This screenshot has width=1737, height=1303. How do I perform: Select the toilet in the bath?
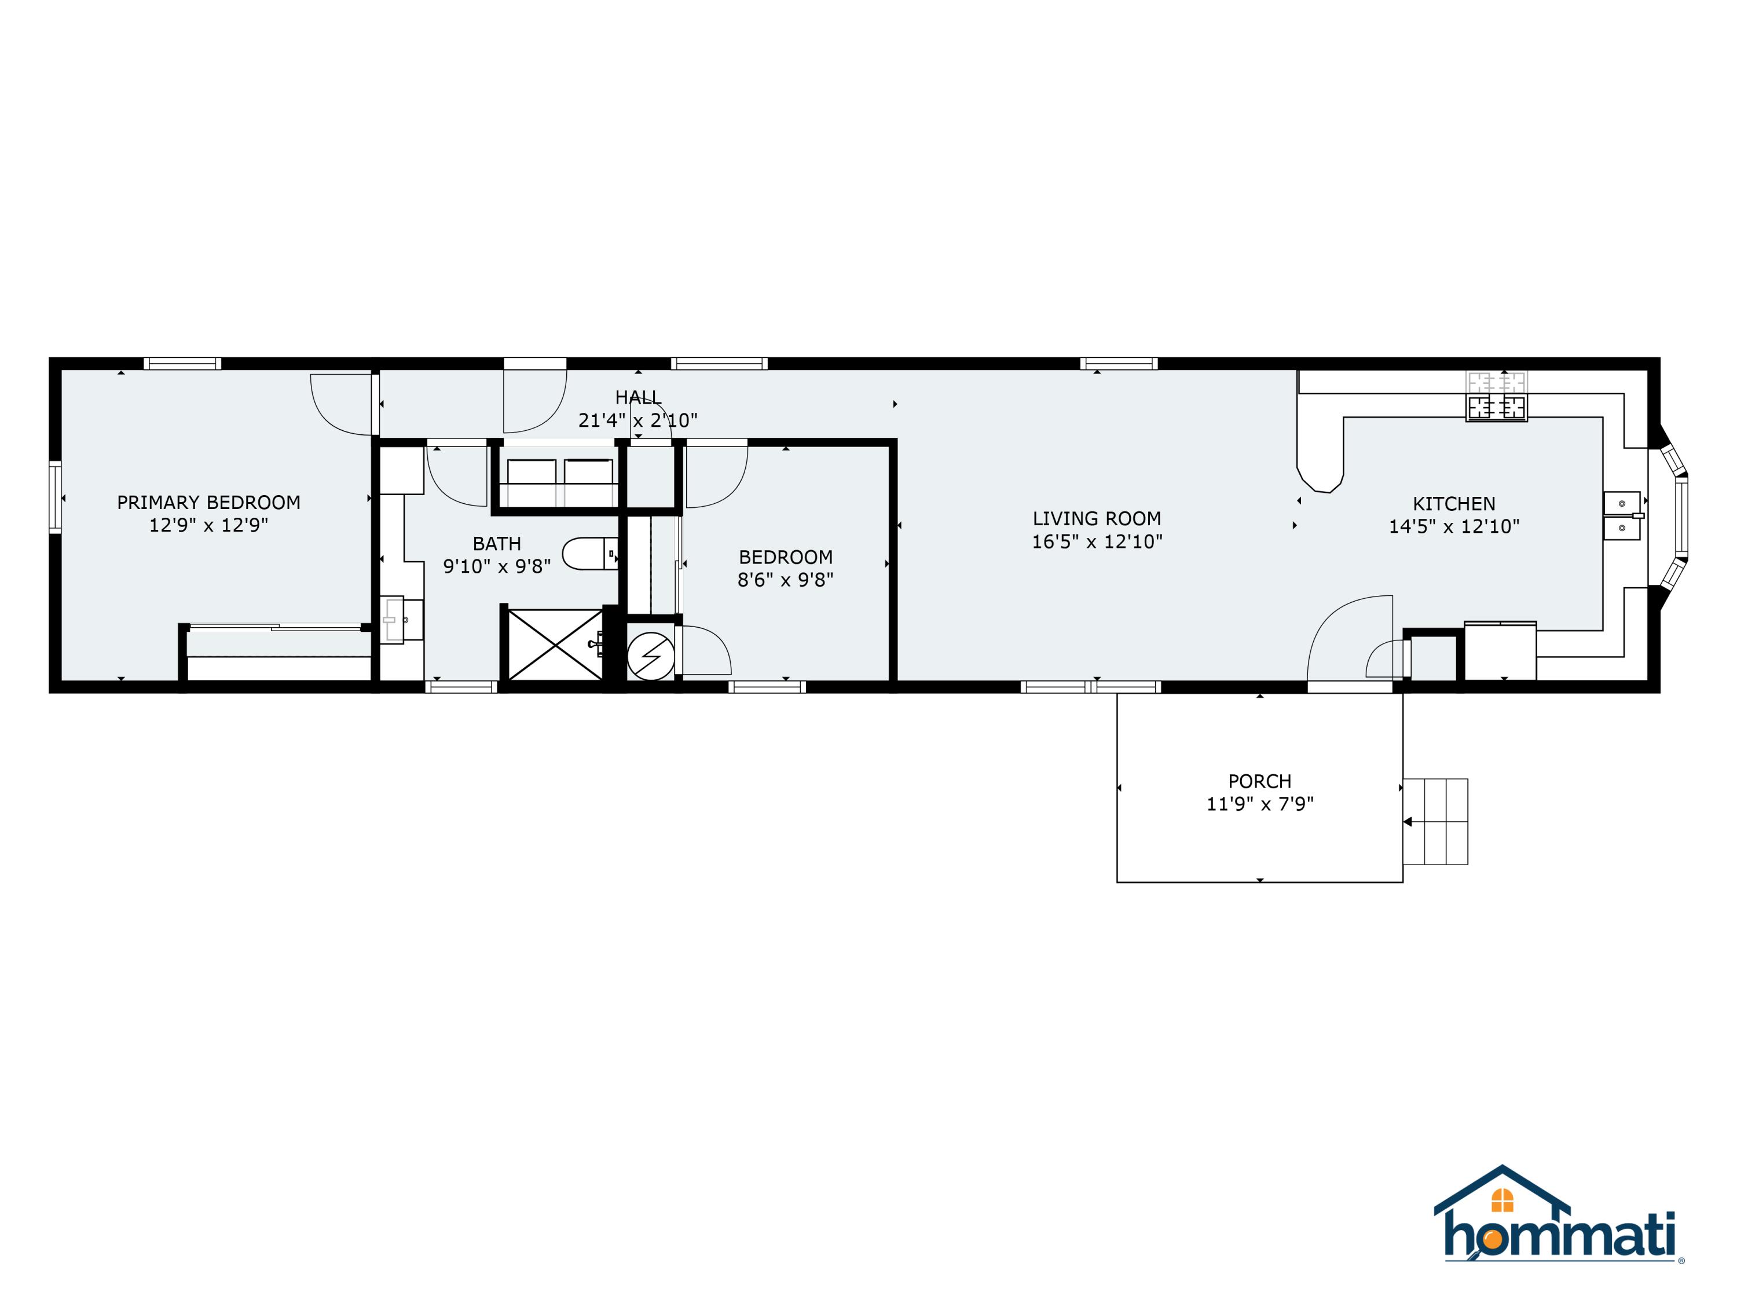click(589, 554)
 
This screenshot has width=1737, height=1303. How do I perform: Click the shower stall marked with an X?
click(555, 644)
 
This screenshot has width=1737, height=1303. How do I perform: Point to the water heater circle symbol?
click(650, 656)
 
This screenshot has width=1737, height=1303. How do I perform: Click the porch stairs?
click(1435, 822)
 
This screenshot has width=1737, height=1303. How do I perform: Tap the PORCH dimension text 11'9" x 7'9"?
click(1259, 803)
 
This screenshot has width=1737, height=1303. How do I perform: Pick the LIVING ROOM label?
click(1096, 518)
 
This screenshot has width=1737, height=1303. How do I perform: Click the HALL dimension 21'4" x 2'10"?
click(637, 420)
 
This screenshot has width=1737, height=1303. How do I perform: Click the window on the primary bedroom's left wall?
click(55, 497)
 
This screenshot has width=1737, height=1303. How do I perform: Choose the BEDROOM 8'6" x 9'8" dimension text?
click(785, 580)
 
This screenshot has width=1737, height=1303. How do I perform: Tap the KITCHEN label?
click(1453, 503)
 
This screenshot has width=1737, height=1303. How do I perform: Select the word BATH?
click(496, 544)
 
